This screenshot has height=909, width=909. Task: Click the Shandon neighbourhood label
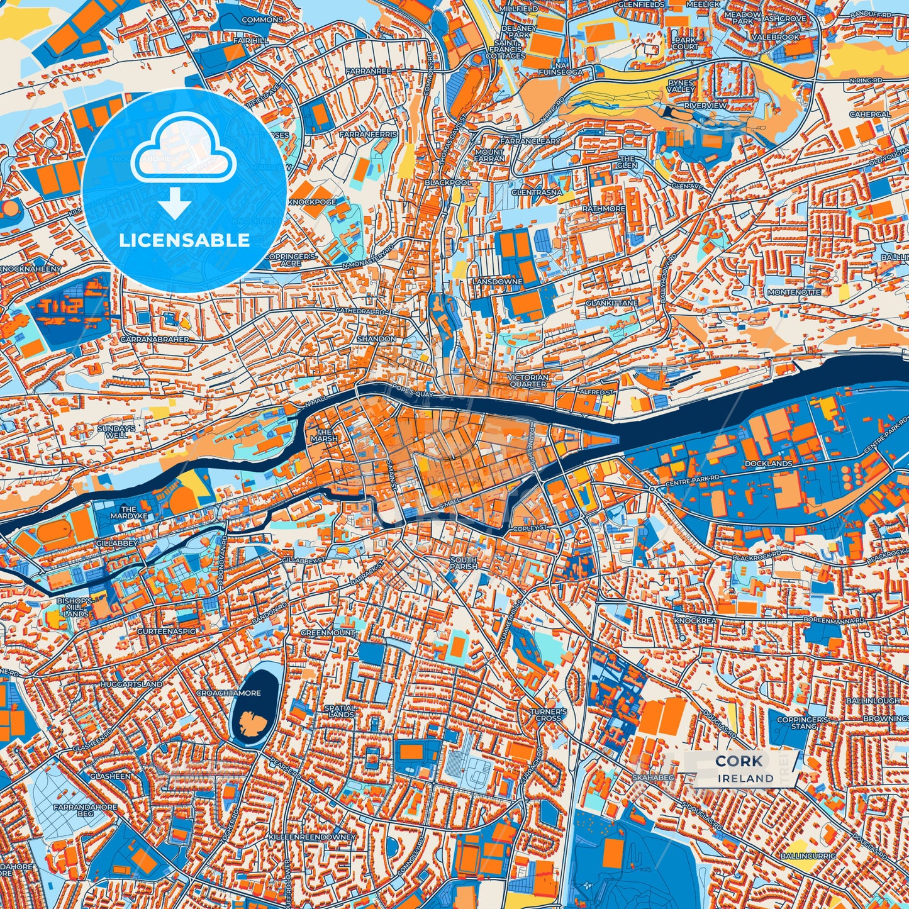377,339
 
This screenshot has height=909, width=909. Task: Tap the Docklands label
768,464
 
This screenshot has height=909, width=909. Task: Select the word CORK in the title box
739,761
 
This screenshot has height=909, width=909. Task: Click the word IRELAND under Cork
745,778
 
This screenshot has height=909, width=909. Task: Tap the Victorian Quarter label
528,381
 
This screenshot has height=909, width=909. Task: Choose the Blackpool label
448,182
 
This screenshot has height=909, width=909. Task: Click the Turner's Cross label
549,715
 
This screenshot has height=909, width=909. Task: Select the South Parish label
464,563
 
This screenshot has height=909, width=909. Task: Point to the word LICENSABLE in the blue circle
184,240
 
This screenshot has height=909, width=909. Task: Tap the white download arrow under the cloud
176,204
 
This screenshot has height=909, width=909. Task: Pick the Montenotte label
794,293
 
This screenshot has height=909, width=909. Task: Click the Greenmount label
327,633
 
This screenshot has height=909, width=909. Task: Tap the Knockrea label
695,620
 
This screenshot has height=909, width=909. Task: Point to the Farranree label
368,72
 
